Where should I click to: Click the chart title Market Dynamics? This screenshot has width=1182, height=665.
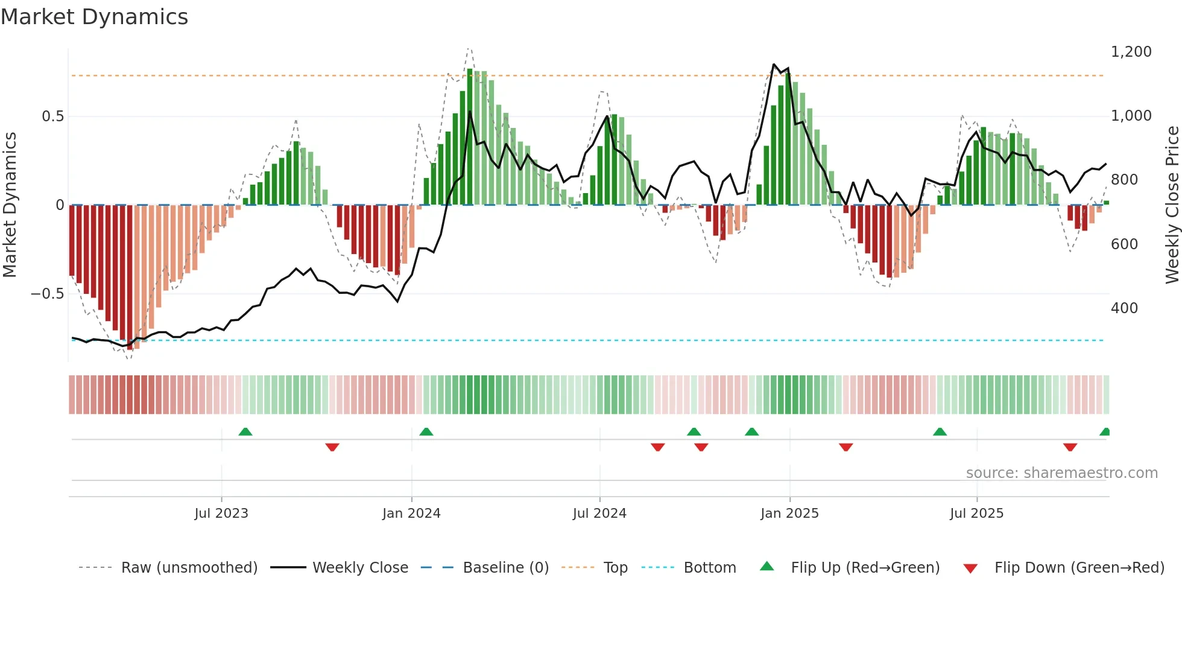point(94,17)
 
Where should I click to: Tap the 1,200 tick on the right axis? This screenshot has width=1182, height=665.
point(1131,52)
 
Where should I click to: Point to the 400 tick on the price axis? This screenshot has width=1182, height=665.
point(1124,308)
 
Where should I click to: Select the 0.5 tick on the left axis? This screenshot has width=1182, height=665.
point(52,116)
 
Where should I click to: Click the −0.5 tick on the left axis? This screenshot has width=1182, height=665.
point(48,294)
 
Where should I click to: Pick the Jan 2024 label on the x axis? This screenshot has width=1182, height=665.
point(411,514)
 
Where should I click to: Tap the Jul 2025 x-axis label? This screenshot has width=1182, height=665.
point(976,514)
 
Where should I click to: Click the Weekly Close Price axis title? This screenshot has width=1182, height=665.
point(1172,205)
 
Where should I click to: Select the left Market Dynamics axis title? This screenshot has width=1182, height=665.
point(10,205)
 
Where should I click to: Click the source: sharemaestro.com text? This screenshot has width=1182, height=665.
point(1061,473)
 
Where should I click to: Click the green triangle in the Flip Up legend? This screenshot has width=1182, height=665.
point(766,567)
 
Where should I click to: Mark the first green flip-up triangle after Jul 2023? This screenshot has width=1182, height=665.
point(245,432)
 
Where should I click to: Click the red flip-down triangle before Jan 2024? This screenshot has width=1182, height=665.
point(332,447)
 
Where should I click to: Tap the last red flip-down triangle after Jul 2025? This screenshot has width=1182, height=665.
point(1070,447)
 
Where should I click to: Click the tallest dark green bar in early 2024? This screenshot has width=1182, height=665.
point(470,136)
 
